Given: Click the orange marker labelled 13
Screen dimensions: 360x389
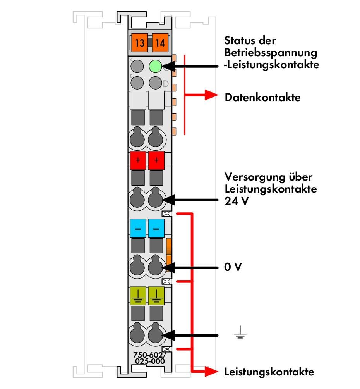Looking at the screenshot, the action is (x=140, y=43).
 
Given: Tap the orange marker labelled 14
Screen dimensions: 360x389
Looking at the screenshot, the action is (x=160, y=43).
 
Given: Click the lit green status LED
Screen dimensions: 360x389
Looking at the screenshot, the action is (x=156, y=66).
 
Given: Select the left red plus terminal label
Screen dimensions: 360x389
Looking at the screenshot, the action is (x=138, y=160).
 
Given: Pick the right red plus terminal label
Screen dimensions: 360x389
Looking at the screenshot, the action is (x=156, y=160).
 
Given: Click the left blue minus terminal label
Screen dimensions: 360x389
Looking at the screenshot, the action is (x=138, y=228).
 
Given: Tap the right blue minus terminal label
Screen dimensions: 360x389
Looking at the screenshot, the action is (x=156, y=228).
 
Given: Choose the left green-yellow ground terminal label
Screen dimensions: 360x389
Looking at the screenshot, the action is (x=138, y=296).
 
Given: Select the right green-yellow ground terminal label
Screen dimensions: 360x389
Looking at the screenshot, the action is (x=156, y=296).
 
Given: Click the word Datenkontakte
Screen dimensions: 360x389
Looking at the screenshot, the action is (x=262, y=97).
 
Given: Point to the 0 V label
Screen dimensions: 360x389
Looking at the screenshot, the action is (x=233, y=267).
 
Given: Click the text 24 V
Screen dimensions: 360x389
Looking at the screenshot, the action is (x=236, y=201).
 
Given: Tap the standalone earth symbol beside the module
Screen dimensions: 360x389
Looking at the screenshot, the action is (x=240, y=332).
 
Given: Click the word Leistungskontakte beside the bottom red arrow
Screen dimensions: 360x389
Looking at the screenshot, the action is (x=269, y=372).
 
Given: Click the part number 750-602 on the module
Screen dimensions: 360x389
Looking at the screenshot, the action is (x=148, y=355).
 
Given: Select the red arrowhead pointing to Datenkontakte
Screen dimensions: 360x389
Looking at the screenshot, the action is (x=211, y=95).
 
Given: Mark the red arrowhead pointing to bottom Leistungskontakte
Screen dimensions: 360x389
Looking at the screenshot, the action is (x=211, y=372).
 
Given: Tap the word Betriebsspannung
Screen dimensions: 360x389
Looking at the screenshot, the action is (x=271, y=53).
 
